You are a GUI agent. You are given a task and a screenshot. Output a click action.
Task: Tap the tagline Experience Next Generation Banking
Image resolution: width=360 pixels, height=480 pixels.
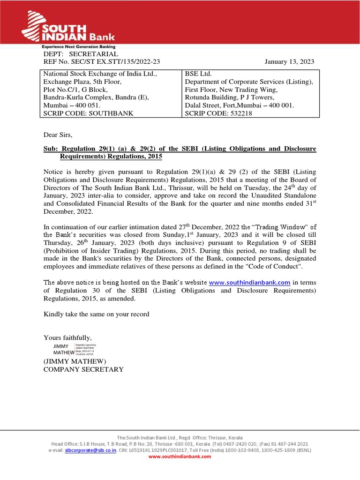click(x=78, y=47)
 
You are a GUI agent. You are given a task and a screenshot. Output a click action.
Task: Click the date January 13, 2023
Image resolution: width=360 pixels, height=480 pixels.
click(x=289, y=62)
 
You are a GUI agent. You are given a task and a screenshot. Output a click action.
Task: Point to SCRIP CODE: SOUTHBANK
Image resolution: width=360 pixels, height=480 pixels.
click(x=89, y=113)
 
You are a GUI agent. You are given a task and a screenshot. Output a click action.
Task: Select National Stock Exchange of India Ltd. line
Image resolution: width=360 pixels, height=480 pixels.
click(x=100, y=74)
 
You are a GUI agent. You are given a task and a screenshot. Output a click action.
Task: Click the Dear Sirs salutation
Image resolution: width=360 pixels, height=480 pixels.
click(x=58, y=135)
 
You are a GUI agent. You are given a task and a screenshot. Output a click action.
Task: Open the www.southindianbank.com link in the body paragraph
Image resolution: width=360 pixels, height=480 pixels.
click(x=249, y=283)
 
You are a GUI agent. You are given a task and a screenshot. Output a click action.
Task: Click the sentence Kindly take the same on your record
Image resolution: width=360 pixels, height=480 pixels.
click(x=97, y=314)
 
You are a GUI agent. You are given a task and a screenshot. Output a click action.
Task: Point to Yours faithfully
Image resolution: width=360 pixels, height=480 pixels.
click(x=67, y=337)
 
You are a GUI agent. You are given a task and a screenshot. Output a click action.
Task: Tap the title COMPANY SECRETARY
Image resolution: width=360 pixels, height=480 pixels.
click(x=83, y=369)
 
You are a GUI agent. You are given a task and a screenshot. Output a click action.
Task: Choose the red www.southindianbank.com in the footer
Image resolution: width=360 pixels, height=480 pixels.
click(x=180, y=457)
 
